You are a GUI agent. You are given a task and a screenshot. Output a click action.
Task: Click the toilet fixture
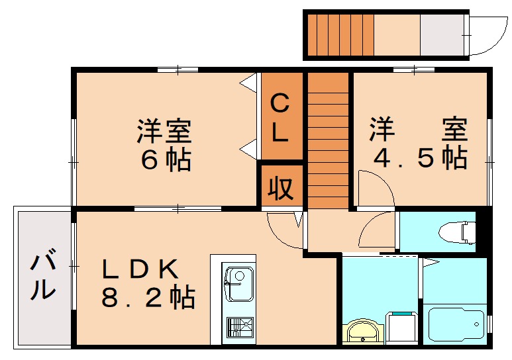coord(457,231)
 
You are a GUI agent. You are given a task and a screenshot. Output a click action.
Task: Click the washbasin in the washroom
coord(364,331)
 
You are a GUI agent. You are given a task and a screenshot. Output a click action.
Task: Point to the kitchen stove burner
coord(239,327)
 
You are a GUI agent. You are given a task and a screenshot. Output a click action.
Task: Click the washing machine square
coord(401,326)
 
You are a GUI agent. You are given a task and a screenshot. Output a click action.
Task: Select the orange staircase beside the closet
coord(328,139)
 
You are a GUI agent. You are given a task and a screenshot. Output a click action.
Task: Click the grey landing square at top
coord(443,34)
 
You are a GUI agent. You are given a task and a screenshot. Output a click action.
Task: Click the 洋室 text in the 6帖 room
coord(164,130)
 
